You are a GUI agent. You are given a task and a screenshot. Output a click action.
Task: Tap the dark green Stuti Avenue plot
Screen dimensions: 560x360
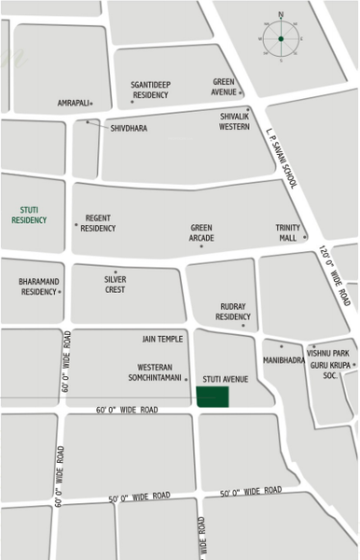(x=212, y=396)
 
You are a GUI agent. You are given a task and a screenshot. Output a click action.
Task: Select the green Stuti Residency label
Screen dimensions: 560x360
(x=29, y=216)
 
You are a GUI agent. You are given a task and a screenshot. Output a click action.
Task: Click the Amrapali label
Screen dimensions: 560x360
(x=73, y=103)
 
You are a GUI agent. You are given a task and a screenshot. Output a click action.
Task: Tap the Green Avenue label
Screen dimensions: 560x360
(x=224, y=86)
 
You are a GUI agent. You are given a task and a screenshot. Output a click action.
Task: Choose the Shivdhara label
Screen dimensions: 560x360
(x=129, y=129)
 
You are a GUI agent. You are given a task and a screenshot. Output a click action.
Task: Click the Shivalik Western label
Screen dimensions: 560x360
(x=234, y=121)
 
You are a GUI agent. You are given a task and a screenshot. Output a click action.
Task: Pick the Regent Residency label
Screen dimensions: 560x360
(x=98, y=223)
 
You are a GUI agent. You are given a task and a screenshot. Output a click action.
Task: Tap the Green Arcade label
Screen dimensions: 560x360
(x=201, y=232)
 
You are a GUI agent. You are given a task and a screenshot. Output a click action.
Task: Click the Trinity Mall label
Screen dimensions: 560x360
(x=286, y=232)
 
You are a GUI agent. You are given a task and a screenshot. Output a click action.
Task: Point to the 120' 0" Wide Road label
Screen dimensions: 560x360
(x=335, y=276)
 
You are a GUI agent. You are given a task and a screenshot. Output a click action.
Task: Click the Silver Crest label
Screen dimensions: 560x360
(x=116, y=284)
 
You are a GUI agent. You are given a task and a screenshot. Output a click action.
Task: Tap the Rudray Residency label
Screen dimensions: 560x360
(x=233, y=312)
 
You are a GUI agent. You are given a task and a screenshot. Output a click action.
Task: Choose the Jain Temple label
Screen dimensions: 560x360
(x=162, y=340)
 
